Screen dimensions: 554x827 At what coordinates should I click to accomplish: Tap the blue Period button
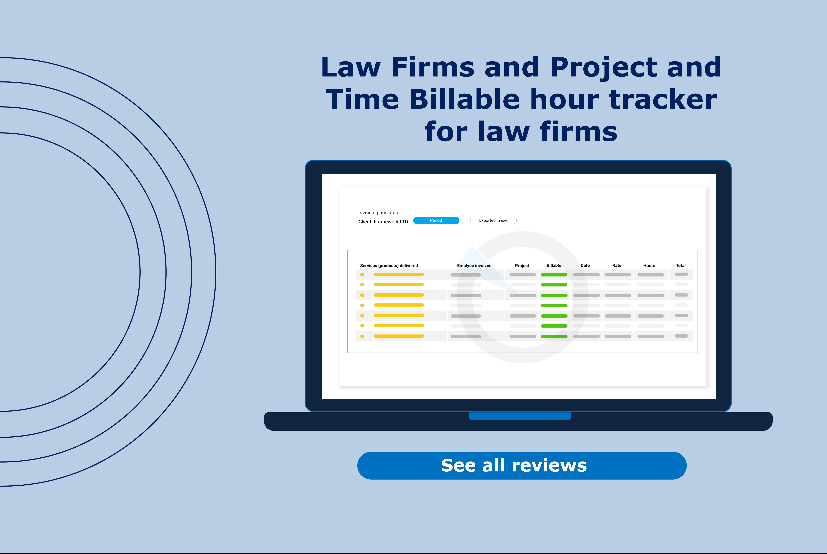(x=436, y=220)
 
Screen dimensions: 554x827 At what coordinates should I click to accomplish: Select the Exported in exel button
(x=493, y=220)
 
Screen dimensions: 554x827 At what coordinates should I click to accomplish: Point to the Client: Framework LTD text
(x=383, y=222)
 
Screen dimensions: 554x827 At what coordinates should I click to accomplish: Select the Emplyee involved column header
(x=474, y=266)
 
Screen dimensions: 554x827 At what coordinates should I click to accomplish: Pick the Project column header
(x=522, y=266)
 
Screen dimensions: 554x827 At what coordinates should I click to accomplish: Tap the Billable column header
(x=554, y=265)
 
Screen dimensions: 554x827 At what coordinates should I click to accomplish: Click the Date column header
(x=585, y=265)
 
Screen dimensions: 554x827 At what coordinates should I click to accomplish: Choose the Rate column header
(x=616, y=265)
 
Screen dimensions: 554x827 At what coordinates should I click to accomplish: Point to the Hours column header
(x=649, y=266)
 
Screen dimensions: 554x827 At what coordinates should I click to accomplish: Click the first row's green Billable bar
(x=554, y=275)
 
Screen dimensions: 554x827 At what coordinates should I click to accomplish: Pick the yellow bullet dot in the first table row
(x=362, y=275)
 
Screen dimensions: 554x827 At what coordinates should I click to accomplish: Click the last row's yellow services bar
(x=399, y=336)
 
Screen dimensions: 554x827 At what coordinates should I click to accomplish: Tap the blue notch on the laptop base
(x=520, y=416)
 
